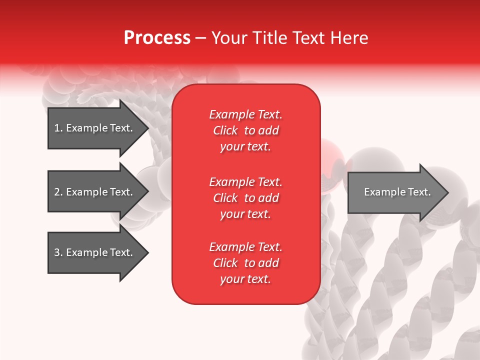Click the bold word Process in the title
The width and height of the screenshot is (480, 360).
click(x=157, y=38)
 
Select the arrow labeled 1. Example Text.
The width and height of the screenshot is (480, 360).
click(x=98, y=128)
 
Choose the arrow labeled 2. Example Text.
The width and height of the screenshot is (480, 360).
click(x=98, y=191)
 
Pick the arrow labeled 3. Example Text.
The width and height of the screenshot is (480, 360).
click(x=98, y=252)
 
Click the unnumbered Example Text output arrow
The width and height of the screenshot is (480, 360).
click(x=398, y=192)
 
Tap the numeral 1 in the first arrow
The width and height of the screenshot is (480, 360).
click(x=57, y=128)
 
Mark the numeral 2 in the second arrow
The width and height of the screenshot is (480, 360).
click(x=57, y=192)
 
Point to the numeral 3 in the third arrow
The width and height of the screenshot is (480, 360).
click(x=57, y=252)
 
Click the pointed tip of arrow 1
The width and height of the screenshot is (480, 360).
click(x=149, y=128)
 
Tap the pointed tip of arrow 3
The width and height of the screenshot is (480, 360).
click(x=149, y=253)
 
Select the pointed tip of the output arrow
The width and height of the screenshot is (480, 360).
click(x=449, y=192)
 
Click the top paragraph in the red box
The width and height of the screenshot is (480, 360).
click(x=246, y=130)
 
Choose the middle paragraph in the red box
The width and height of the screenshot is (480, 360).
click(x=246, y=198)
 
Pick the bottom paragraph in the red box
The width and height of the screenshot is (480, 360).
click(x=246, y=263)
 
